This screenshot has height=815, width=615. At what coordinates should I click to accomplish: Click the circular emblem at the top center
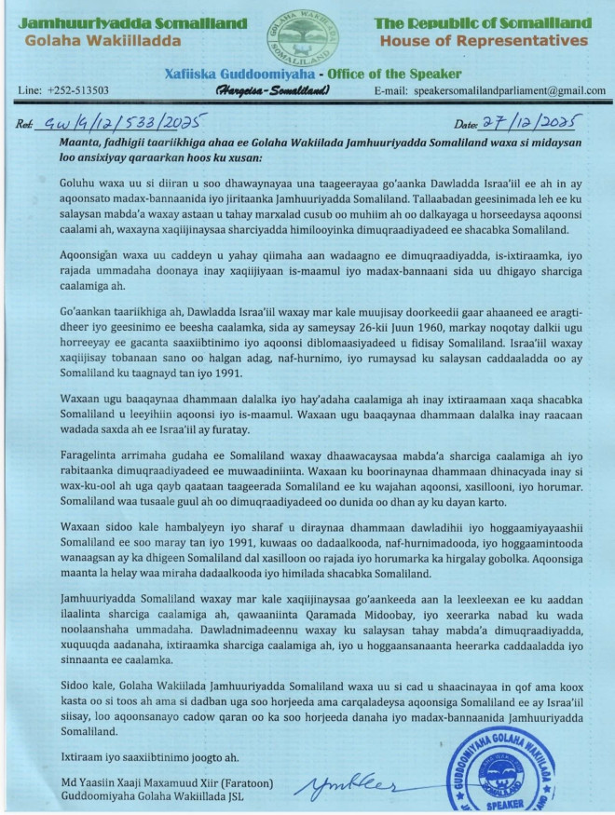click(x=307, y=34)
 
